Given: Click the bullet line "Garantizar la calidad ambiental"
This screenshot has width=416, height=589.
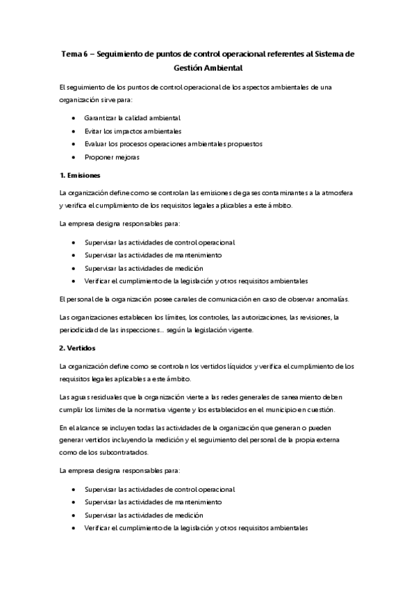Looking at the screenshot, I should tap(131, 117).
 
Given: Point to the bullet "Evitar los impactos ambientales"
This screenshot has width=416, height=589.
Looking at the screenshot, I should tap(133, 131).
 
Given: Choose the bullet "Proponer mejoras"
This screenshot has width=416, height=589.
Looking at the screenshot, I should tap(112, 157).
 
